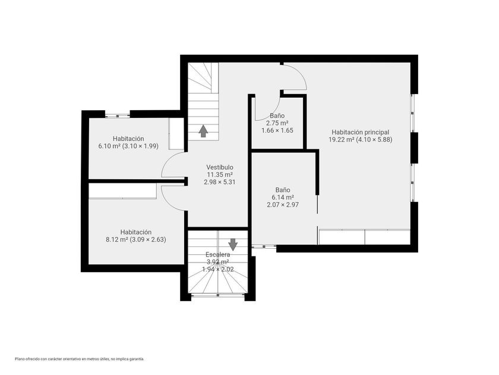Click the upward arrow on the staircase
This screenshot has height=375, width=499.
203,131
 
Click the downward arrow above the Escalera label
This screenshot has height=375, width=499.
233,244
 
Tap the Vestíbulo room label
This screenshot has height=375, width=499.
220,167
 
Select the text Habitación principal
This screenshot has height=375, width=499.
360,132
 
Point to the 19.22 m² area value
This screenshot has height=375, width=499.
341,139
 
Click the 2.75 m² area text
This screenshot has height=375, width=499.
277,123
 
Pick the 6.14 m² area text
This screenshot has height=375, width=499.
283,198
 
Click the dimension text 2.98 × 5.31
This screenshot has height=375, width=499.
220,182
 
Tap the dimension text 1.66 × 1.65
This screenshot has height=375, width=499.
277,130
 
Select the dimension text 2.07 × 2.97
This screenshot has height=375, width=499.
283,205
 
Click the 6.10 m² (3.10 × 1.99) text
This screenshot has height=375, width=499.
128,146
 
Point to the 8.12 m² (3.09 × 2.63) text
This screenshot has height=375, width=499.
136,239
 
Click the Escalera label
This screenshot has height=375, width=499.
217,255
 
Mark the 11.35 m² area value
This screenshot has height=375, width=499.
220,174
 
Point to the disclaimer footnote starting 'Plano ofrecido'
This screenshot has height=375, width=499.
80,359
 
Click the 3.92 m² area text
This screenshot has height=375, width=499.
217,262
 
